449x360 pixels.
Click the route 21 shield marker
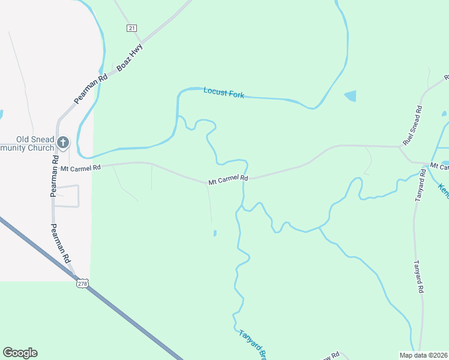pos(132,28)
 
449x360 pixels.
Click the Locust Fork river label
pos(223,92)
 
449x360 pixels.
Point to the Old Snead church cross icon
pos(64,143)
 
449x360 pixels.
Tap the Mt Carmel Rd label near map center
pos(228,179)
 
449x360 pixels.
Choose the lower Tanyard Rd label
pos(420,276)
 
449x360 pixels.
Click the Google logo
pos(20,353)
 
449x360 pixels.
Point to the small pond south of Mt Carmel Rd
pos(215,233)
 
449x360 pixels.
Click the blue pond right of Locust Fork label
pos(350,95)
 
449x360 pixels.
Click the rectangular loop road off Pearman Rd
pos(66,196)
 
